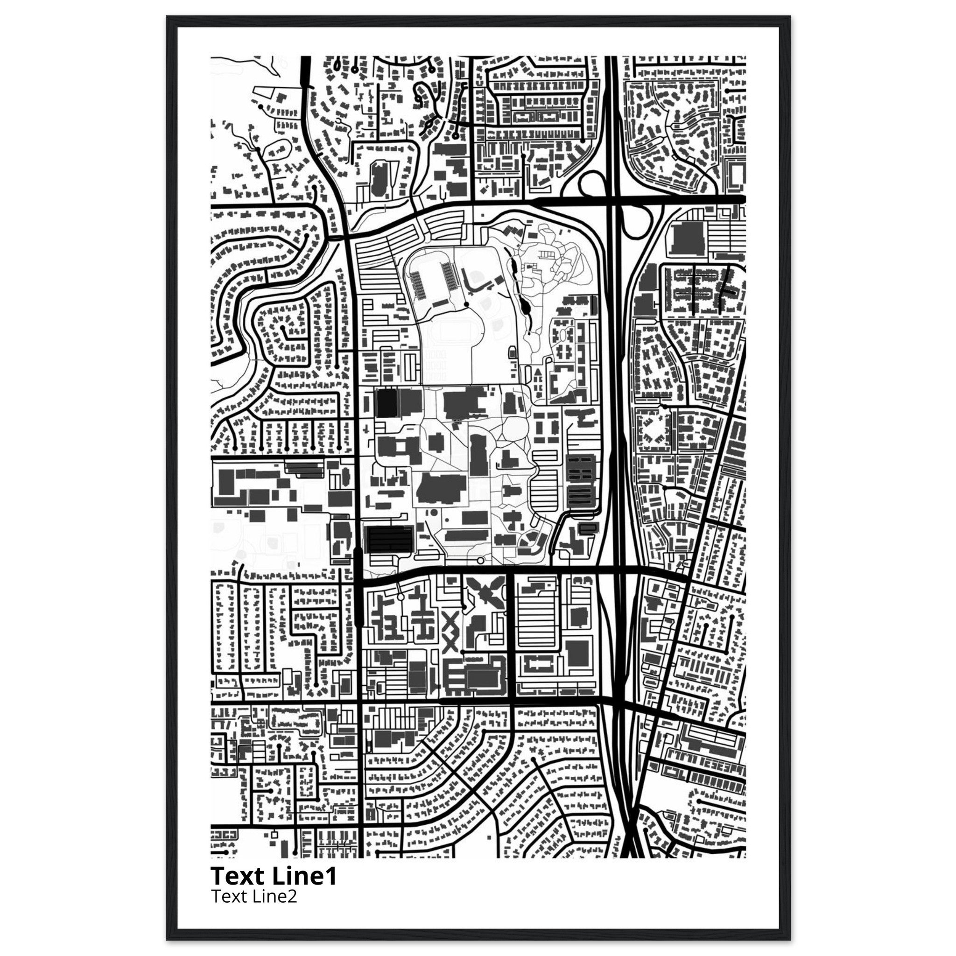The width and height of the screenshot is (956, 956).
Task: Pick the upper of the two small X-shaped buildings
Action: [451, 621]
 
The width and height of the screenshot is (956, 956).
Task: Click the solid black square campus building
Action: [387, 403]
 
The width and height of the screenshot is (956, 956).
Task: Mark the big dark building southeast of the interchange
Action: [687, 239]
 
